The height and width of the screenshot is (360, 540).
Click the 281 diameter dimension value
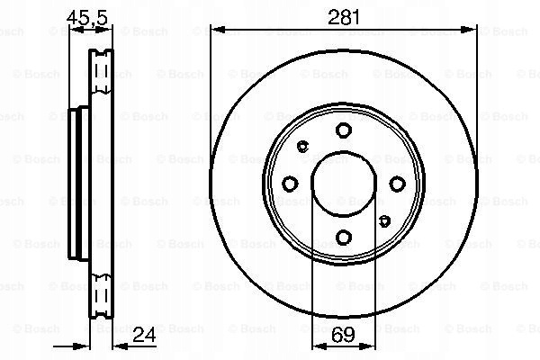click(344, 17)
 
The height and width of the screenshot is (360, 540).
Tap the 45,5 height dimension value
click(87, 17)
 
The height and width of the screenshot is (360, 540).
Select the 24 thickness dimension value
click(144, 334)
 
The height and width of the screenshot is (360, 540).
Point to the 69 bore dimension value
click(344, 334)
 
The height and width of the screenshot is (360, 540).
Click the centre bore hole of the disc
click(344, 184)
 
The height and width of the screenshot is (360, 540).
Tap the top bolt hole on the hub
click(344, 130)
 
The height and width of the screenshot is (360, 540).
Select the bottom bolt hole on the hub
click(344, 238)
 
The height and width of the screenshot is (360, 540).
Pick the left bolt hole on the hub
click(290, 184)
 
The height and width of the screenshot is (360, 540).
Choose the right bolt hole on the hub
click(397, 184)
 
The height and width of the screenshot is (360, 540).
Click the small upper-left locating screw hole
click(302, 147)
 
